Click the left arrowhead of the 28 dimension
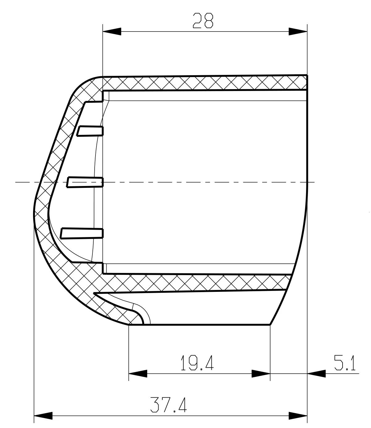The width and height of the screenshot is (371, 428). (112, 31)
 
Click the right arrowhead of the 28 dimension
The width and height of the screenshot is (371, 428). (298, 31)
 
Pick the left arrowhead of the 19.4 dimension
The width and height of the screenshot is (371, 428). (138, 374)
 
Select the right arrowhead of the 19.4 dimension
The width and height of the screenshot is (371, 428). (261, 374)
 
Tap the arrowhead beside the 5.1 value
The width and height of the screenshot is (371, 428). (317, 374)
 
